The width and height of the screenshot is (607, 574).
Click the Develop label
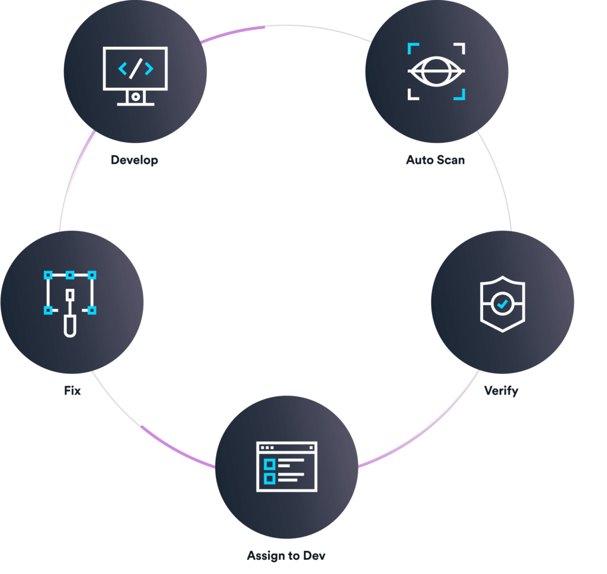coord(135,160)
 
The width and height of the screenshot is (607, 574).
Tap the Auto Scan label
coord(435,160)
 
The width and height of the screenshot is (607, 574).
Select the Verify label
coord(501,391)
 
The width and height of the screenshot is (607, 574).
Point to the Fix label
coord(72,391)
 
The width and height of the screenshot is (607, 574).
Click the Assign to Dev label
coord(286,556)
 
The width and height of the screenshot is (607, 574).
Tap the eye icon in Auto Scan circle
coord(436,71)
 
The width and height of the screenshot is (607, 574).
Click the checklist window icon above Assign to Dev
coord(286,467)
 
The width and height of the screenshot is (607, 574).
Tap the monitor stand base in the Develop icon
coord(136,103)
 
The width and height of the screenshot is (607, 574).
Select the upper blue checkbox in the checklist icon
coord(269,463)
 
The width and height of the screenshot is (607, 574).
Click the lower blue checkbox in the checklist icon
coord(269,477)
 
